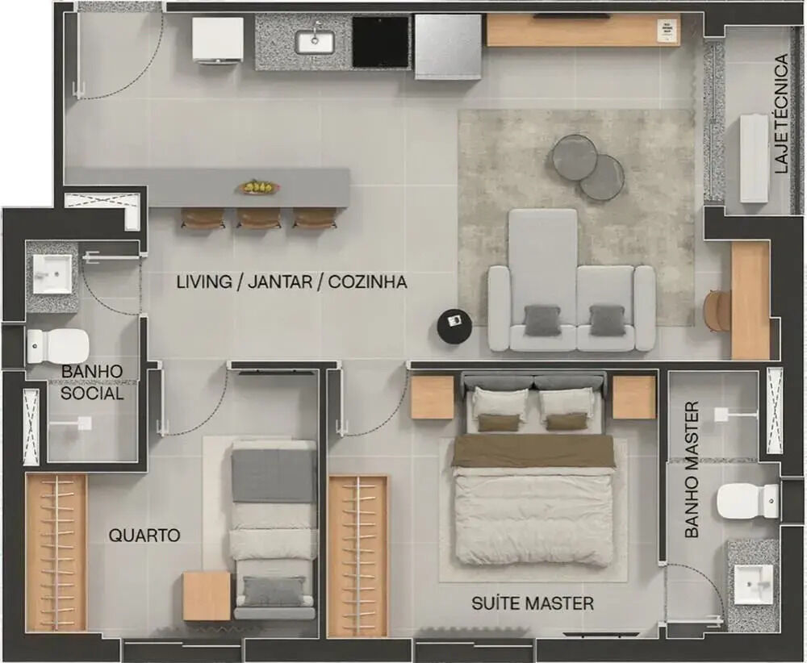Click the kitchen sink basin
315,40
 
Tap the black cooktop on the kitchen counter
380,42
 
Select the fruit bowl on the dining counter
259,187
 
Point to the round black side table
454,326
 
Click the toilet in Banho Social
57,346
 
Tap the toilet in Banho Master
748,500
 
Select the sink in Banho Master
753,584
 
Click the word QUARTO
144,536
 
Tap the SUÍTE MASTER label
533,603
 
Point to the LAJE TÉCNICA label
780,113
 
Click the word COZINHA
367,281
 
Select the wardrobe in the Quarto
56,553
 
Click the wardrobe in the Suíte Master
358,557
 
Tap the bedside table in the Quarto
207,597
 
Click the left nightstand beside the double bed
433,397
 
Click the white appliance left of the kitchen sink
218,40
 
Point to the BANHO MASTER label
692,469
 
